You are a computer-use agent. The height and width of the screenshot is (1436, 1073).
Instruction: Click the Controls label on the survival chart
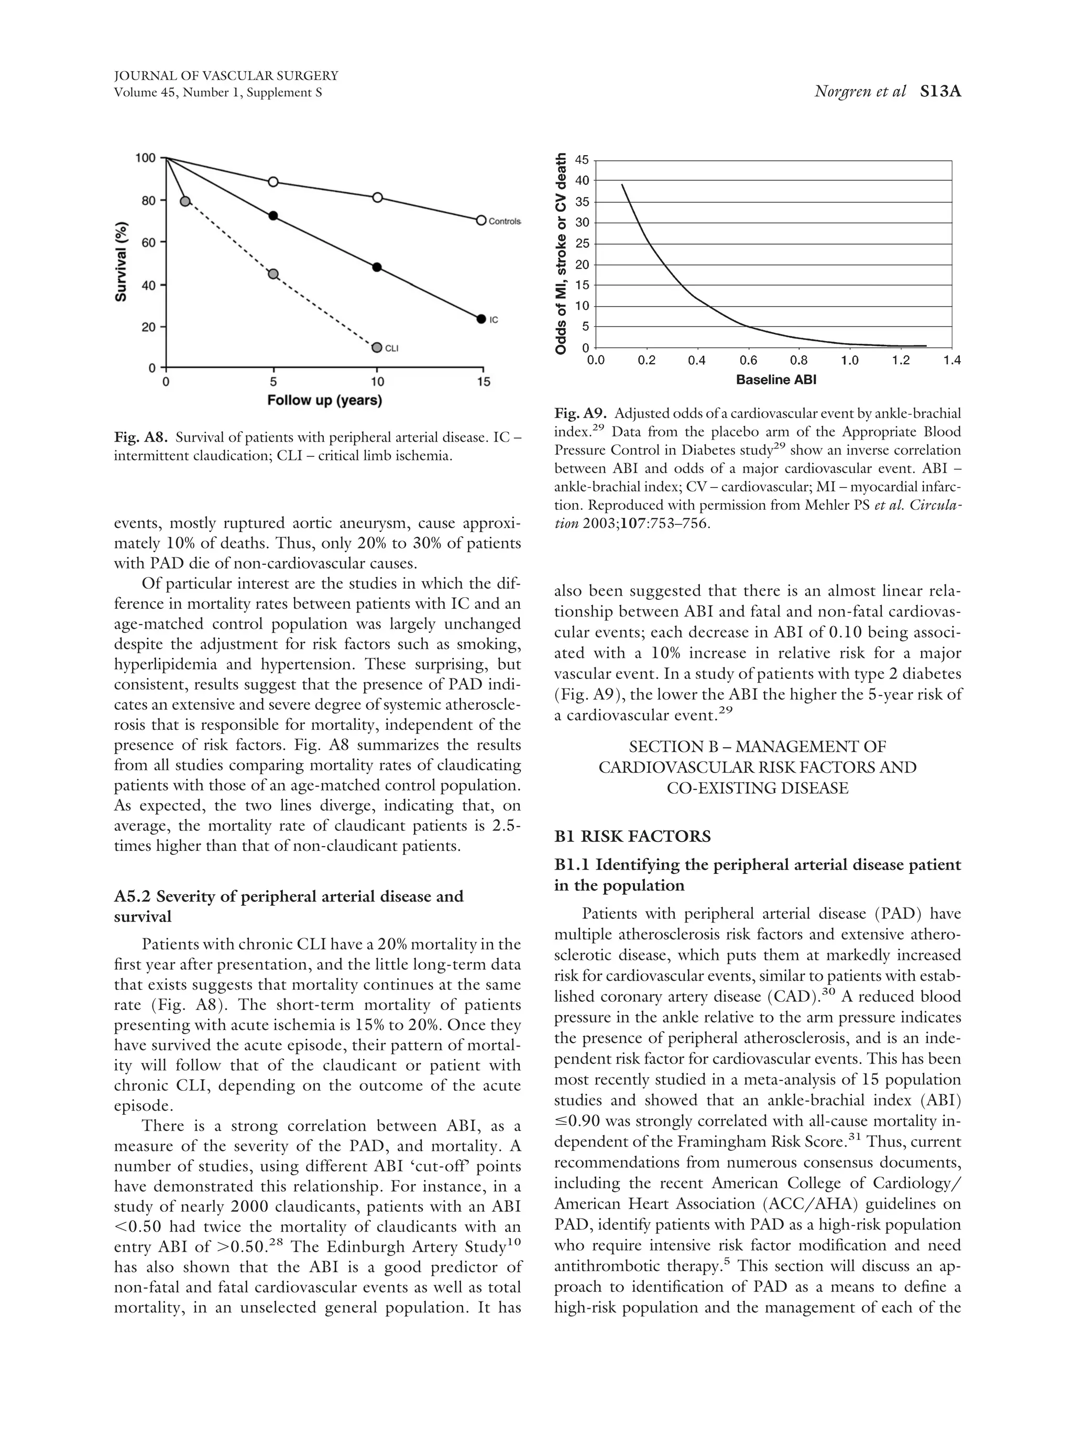(503, 222)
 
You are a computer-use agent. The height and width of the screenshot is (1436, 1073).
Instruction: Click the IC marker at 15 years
(481, 319)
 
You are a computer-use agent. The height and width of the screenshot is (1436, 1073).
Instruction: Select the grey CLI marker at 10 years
(377, 347)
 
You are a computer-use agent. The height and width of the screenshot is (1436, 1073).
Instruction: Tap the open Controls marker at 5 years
(273, 182)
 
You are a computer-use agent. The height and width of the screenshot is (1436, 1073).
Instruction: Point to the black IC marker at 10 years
(377, 267)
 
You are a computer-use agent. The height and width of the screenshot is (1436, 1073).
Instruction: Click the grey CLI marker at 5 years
(273, 274)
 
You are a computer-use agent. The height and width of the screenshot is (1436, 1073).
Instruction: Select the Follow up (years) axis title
(324, 401)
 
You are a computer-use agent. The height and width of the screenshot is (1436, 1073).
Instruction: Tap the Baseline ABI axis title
(776, 380)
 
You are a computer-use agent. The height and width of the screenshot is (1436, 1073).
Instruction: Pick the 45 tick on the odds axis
(582, 160)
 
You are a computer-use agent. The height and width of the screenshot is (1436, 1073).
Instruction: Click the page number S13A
(940, 92)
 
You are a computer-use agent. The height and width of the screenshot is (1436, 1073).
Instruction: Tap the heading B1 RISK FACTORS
(632, 836)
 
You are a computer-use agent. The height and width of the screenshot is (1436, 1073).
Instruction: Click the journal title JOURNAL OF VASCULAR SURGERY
(226, 76)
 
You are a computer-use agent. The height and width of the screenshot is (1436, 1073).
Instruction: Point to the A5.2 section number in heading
(133, 896)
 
